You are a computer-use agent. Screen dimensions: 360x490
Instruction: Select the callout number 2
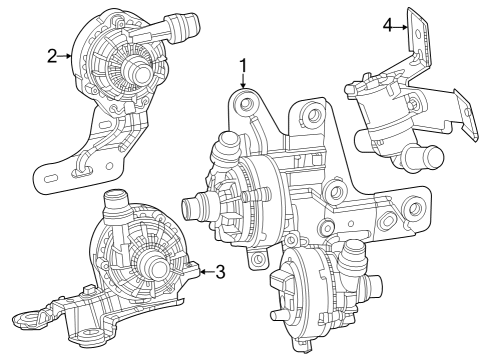(x=51, y=55)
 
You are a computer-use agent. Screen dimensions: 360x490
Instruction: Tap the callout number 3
(x=220, y=270)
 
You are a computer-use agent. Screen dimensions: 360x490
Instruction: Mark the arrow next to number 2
(x=66, y=55)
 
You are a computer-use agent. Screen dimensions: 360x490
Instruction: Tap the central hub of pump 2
(x=136, y=71)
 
